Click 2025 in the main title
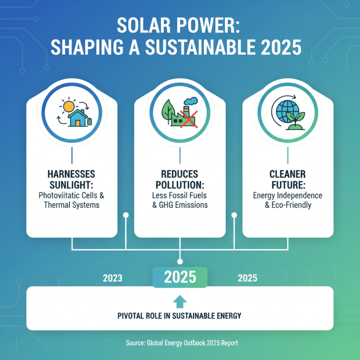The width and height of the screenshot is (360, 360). pyautogui.click(x=278, y=48)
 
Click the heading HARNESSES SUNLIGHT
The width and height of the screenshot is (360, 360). pyautogui.click(x=72, y=178)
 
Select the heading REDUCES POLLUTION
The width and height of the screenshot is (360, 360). pyautogui.click(x=180, y=178)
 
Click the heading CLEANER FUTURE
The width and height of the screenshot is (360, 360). pyautogui.click(x=288, y=178)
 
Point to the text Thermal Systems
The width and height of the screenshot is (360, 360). pyautogui.click(x=72, y=205)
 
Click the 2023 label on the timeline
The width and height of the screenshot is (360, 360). pyautogui.click(x=112, y=278)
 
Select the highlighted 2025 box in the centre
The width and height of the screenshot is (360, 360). pyautogui.click(x=180, y=277)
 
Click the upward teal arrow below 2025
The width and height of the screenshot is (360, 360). pyautogui.click(x=180, y=301)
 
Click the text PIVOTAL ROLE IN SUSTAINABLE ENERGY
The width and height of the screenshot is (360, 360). pyautogui.click(x=180, y=316)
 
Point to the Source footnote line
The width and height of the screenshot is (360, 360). pyautogui.click(x=180, y=343)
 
